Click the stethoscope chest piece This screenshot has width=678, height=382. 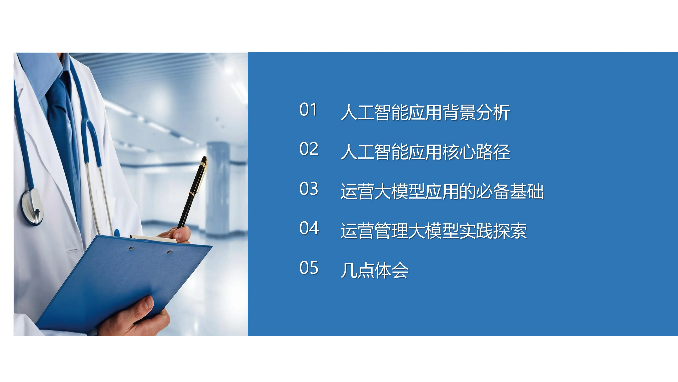pyautogui.click(x=33, y=207)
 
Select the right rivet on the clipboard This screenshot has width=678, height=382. pyautogui.click(x=169, y=252)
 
